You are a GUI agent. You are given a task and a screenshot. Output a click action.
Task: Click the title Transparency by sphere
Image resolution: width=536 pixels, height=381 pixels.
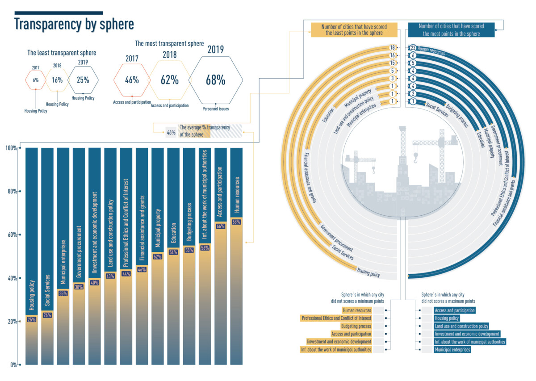pos(74,24)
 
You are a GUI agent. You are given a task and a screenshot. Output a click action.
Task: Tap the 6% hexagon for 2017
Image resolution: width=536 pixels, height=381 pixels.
pos(35,80)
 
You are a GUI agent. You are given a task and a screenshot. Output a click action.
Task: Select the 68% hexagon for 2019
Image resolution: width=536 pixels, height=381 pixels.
pos(215,80)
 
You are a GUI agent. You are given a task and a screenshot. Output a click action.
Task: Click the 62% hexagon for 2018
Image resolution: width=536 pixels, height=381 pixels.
pos(170,80)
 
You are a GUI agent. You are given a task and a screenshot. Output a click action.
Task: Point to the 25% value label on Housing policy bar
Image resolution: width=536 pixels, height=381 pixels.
pos(32,319)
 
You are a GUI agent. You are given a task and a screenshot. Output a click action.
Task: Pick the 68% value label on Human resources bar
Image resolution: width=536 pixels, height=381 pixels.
pos(236,222)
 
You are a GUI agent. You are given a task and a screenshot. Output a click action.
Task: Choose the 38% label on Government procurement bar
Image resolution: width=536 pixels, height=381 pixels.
pos(79,288)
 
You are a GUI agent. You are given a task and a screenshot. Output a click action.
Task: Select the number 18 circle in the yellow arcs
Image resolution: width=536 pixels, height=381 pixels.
pos(393,48)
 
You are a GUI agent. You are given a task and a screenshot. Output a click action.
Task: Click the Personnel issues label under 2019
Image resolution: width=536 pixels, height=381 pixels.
pos(215,109)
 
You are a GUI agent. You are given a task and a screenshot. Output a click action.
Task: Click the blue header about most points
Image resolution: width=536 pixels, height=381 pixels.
pos(451,30)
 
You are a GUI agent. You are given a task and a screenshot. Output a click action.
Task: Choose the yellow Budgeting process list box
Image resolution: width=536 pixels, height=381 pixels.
pos(356,327)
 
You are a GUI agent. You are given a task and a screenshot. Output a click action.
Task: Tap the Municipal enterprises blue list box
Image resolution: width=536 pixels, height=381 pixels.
pos(452,350)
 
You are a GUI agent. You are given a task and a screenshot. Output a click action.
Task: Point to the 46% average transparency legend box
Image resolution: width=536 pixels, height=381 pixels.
pos(171,132)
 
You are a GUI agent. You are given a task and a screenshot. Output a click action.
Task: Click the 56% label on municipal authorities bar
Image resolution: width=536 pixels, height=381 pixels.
pos(205,248)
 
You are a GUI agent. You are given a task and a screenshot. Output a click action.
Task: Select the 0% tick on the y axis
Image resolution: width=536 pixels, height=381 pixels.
pos(13,365)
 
